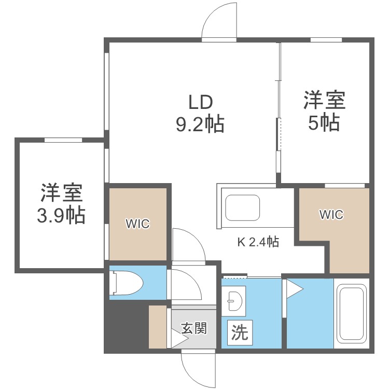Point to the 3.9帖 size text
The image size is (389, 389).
click(61, 215)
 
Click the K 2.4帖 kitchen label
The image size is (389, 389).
click(258, 242)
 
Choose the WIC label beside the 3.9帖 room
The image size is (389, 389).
click(138, 224)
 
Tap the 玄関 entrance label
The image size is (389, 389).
click(195, 328)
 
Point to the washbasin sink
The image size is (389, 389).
click(233, 300)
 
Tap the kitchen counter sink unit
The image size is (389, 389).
click(242, 207)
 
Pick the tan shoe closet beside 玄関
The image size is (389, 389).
click(158, 327)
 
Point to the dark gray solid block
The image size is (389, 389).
click(124, 327)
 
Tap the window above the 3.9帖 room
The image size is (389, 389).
click(63, 140)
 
